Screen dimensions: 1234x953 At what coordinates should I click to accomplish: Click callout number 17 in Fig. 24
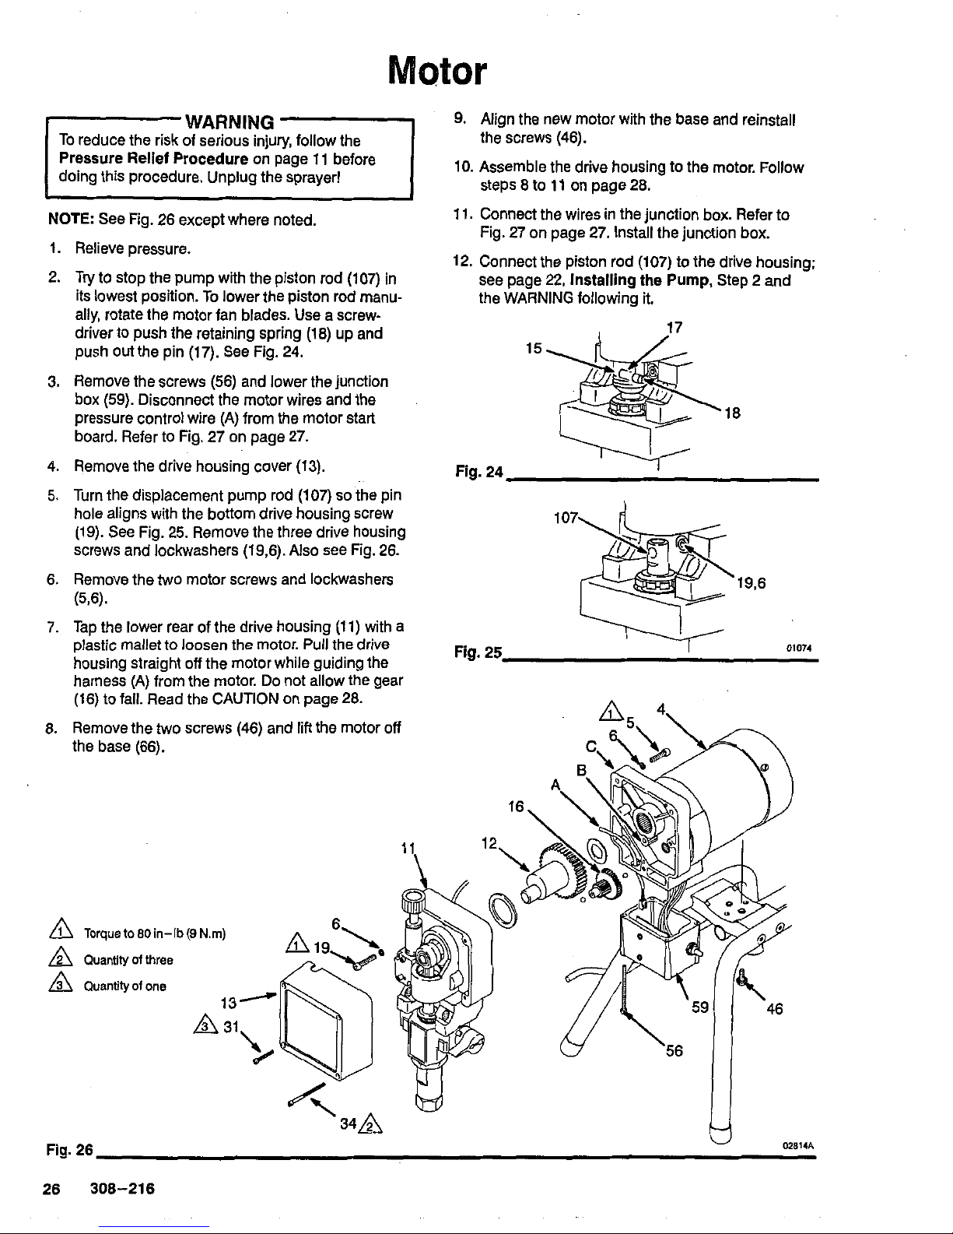[674, 328]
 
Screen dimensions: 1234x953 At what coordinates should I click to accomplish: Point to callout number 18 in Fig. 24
[731, 414]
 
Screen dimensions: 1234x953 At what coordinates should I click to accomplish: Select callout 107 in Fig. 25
[564, 518]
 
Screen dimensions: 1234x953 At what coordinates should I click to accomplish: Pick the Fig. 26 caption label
[68, 1150]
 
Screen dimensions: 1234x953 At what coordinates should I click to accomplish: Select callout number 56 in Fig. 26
[674, 1051]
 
